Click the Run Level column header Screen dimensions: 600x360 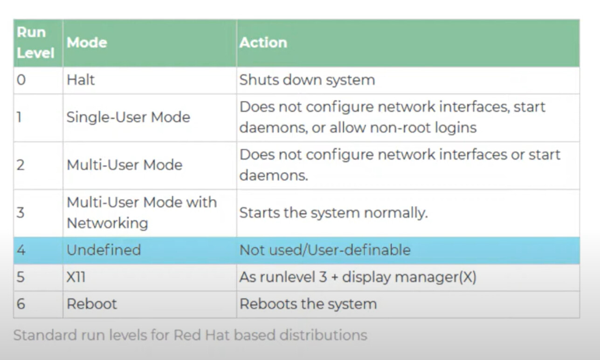click(35, 42)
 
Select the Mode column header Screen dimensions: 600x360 click(87, 42)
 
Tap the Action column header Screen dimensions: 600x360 click(263, 42)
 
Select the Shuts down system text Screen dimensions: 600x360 click(307, 80)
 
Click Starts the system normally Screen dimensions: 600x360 click(333, 213)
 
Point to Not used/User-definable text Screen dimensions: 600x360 click(325, 250)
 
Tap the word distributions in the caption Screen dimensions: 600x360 click(323, 335)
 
